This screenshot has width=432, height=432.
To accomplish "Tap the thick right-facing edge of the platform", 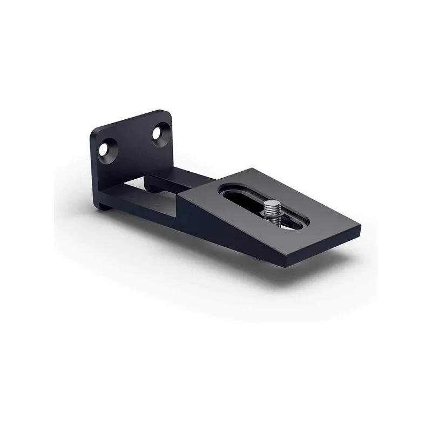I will coord(324,246).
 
